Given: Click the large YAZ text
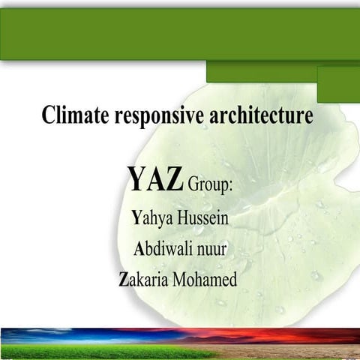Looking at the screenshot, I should click(x=155, y=179).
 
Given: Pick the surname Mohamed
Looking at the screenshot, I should click(x=205, y=280).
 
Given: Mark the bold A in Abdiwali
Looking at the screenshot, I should click(x=139, y=249).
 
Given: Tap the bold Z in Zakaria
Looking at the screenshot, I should click(x=124, y=280).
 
